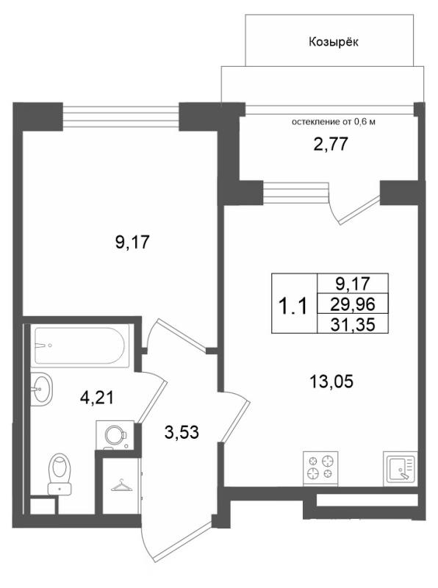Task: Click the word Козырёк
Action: pos(334,42)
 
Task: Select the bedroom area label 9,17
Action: pos(132,243)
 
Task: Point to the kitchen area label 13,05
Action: pos(331,381)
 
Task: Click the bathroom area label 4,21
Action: pos(97,398)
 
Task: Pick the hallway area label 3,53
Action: pos(182,433)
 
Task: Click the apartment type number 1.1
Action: pos(295,305)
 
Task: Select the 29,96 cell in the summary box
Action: pos(353,304)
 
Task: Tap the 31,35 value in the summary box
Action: pos(353,325)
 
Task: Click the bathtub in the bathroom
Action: pos(82,345)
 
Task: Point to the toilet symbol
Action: pos(60,473)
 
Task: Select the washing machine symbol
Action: pos(115,435)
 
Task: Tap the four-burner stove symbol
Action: pos(320,468)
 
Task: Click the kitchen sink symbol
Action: pos(401,467)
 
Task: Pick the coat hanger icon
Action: pos(121,486)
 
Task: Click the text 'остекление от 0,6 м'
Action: pos(334,122)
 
